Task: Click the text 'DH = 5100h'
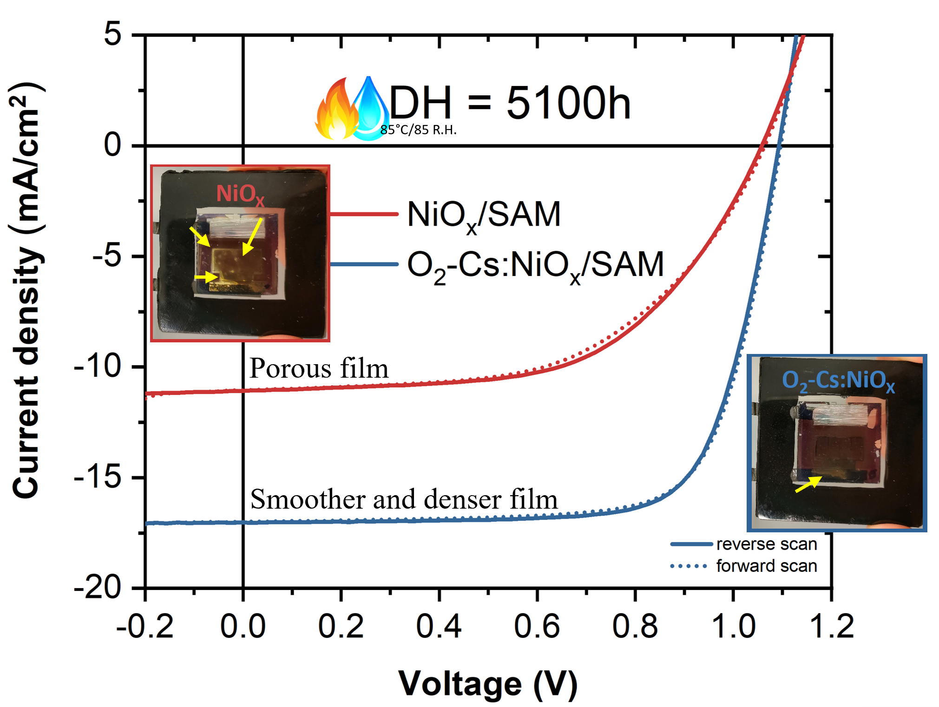(x=509, y=103)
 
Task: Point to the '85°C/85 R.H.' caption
(x=418, y=130)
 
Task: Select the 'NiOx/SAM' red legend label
(x=484, y=215)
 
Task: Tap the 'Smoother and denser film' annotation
(x=404, y=499)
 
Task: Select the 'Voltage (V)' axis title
(x=488, y=684)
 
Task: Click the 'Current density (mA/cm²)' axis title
(x=26, y=290)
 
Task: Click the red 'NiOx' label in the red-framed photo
(x=240, y=194)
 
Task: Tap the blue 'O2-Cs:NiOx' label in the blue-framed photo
(x=838, y=380)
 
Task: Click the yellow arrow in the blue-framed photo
(x=808, y=484)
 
